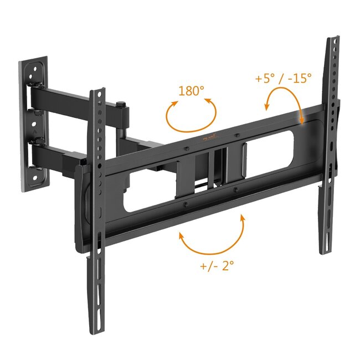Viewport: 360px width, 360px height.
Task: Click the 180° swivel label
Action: [x=192, y=91]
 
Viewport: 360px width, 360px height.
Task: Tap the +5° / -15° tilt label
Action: [x=283, y=78]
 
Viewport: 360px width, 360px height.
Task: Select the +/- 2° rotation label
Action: [x=217, y=265]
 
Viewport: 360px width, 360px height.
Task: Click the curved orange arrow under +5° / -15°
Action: [x=285, y=107]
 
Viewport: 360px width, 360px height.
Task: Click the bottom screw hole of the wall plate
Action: [x=34, y=177]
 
